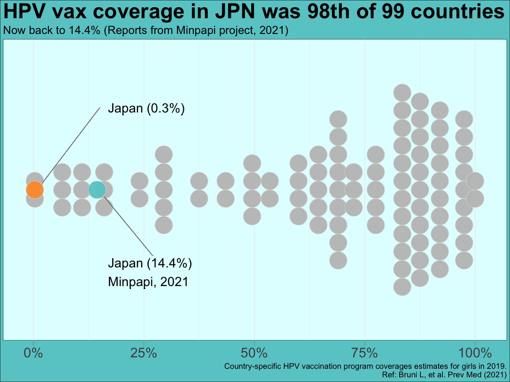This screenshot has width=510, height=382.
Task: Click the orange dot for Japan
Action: click(x=34, y=189)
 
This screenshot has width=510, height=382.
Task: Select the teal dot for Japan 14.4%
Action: click(x=97, y=189)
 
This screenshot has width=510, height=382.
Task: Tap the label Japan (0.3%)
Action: click(x=146, y=108)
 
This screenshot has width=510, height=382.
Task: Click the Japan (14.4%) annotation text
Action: click(x=150, y=263)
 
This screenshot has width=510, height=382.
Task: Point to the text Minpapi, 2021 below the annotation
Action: click(x=147, y=281)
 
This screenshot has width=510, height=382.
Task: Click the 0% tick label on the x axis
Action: click(x=33, y=353)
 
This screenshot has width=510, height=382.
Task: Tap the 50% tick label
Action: click(x=254, y=353)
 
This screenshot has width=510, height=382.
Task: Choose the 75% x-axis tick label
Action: click(x=365, y=353)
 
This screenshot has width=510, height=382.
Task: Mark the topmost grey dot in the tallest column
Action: click(x=402, y=93)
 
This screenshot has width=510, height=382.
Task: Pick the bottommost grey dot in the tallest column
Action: click(x=402, y=286)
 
